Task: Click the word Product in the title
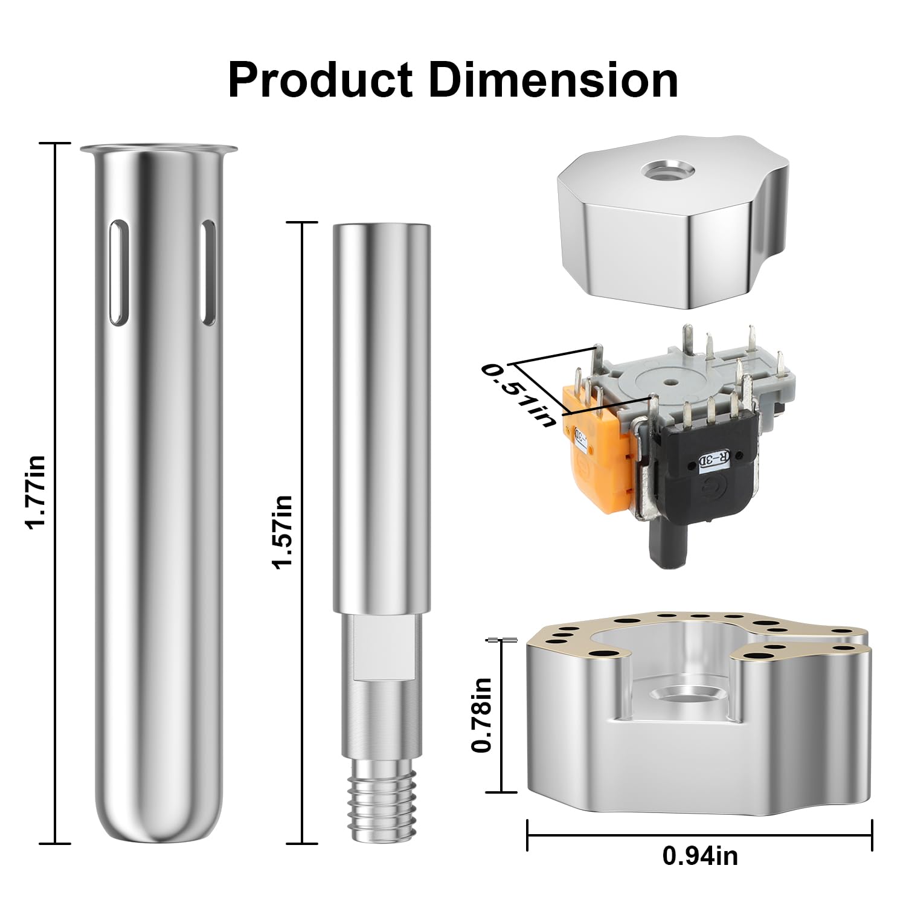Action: coord(320,80)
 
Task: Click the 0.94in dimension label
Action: coord(700,855)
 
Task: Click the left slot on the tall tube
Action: coord(117,272)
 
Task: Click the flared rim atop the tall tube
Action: coord(159,149)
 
